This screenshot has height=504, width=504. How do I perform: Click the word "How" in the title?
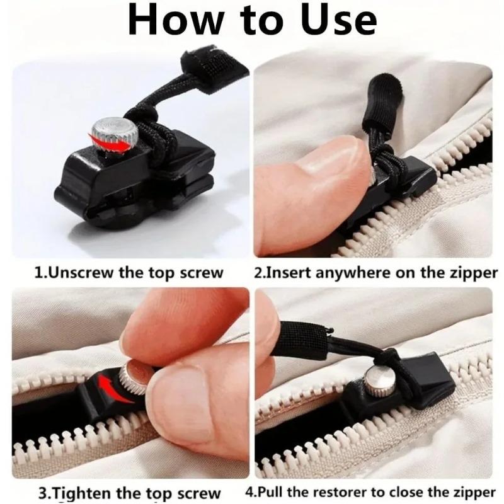point(175,21)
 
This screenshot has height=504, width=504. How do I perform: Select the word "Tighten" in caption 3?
point(76,492)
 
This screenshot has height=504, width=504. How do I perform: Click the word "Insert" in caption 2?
point(287,273)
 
